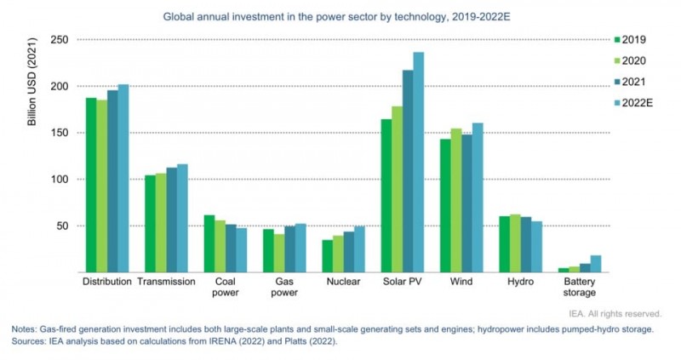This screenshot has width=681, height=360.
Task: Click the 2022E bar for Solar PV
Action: coord(419,162)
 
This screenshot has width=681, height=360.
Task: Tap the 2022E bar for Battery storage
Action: coord(596,264)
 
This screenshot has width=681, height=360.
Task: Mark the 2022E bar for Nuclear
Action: coord(359,249)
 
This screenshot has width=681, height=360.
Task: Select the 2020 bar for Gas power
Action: coord(278,253)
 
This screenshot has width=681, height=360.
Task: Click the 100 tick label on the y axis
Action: coord(57,180)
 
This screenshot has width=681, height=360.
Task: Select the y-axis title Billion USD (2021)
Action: coord(33,88)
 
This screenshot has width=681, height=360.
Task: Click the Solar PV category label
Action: coord(403,281)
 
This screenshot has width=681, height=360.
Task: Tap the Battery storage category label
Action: coord(580,287)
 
